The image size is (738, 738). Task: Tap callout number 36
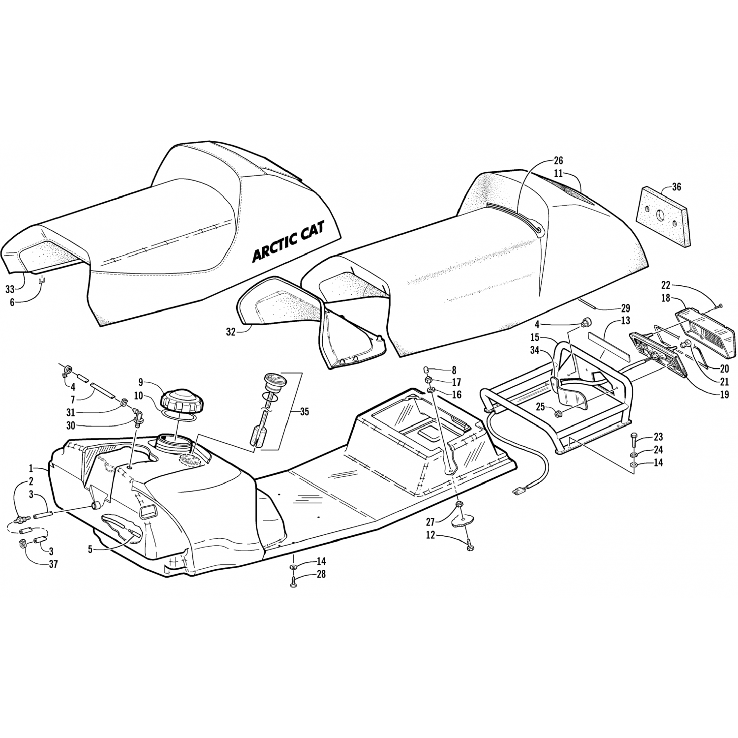[x=676, y=187]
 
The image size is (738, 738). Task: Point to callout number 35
[x=305, y=412]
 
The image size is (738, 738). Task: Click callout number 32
[x=231, y=332]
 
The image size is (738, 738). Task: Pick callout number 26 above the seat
[x=558, y=160]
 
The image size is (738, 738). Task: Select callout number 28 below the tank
[x=321, y=574]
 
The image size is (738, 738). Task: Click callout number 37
[x=53, y=564]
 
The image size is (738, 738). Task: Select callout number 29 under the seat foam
[x=625, y=308]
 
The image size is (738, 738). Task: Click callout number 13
[x=625, y=321]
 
